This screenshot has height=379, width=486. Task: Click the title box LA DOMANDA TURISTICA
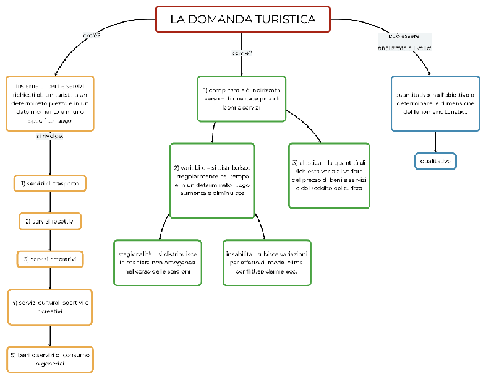[x=242, y=19]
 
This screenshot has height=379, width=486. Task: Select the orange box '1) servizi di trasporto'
[x=49, y=184]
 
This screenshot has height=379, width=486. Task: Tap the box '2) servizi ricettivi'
[x=49, y=221]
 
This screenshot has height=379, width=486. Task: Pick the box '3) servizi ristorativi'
[x=49, y=259]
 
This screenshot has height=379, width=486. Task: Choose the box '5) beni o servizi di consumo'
[x=49, y=359]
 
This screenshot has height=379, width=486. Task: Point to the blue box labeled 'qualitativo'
[x=435, y=161]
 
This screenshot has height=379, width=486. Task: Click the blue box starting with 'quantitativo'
[x=435, y=103]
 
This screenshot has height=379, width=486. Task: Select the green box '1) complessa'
[x=242, y=98]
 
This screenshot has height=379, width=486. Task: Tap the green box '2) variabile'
[x=212, y=181]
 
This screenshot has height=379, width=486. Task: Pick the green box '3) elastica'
[x=329, y=175]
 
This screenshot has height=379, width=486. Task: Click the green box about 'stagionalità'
[x=158, y=263]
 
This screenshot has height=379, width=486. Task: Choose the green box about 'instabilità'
[x=266, y=263]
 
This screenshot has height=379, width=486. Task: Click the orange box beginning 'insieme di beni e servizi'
[x=49, y=103]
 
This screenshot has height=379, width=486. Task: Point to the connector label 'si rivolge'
[x=49, y=136]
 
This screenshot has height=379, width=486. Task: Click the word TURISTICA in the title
[x=285, y=19]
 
